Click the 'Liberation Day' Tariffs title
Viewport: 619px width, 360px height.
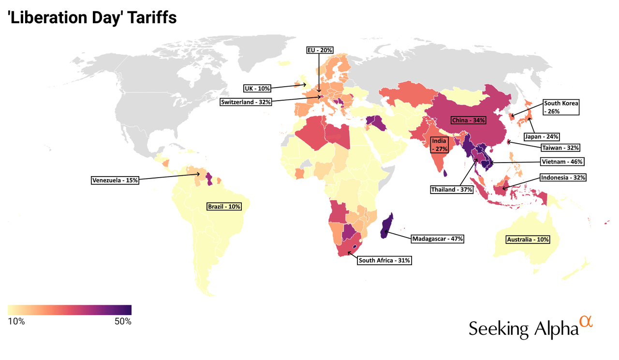point(92,18)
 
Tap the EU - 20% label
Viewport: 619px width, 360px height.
point(320,50)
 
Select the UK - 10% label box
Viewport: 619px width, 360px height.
point(257,88)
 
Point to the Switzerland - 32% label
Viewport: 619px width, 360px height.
point(246,102)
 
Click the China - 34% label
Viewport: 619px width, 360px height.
point(469,120)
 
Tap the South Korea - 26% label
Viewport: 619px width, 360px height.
point(560,107)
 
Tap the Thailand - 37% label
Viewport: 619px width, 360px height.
point(452,190)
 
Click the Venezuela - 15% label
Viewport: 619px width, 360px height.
point(115,180)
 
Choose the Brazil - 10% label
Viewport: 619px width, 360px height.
point(224,207)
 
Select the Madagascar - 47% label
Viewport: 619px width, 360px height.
point(438,239)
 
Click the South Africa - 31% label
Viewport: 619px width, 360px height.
point(384,260)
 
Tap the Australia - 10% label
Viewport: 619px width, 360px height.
point(528,240)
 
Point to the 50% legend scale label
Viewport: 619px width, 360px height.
point(122,321)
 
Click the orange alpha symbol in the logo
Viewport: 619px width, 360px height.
point(586,322)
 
